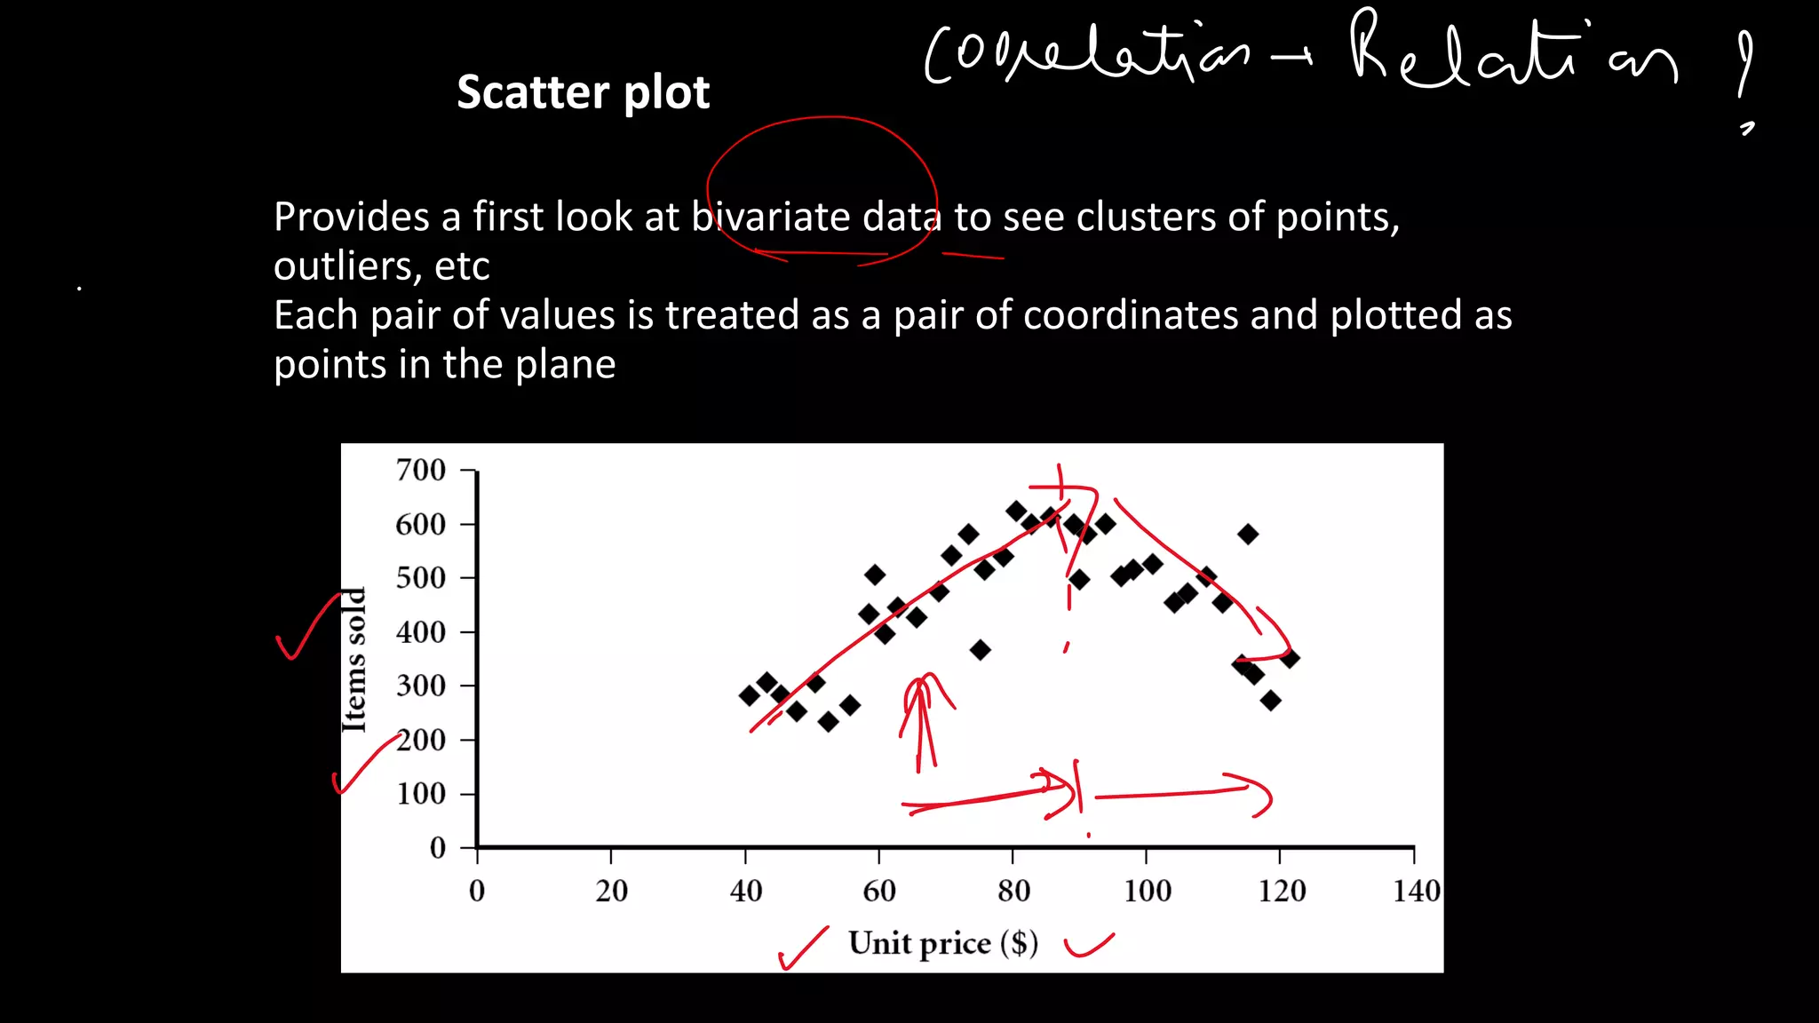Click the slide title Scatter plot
point(583,92)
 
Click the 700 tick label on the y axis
point(420,470)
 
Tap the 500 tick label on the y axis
point(420,578)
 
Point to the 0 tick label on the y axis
point(437,848)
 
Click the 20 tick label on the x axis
point(611,891)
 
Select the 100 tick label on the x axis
point(1147,891)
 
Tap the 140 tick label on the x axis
point(1416,891)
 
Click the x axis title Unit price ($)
point(942,943)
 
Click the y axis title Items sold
point(354,660)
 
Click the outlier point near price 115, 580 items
point(1248,535)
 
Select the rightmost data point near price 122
point(1290,658)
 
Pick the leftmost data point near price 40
point(749,695)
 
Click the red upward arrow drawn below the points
point(922,719)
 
